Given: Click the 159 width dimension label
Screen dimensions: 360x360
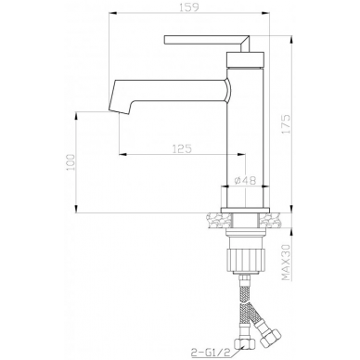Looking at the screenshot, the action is point(188,6).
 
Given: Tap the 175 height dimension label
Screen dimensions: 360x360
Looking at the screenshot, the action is point(287,124).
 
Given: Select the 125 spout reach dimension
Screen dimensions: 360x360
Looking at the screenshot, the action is point(182,148).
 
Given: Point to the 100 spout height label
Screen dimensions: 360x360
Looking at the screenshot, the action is point(71,162).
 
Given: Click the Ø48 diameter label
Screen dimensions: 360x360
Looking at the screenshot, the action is point(246,180).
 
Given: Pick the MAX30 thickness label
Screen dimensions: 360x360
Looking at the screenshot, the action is point(287,262).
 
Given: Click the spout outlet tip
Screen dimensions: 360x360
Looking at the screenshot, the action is point(120,111).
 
